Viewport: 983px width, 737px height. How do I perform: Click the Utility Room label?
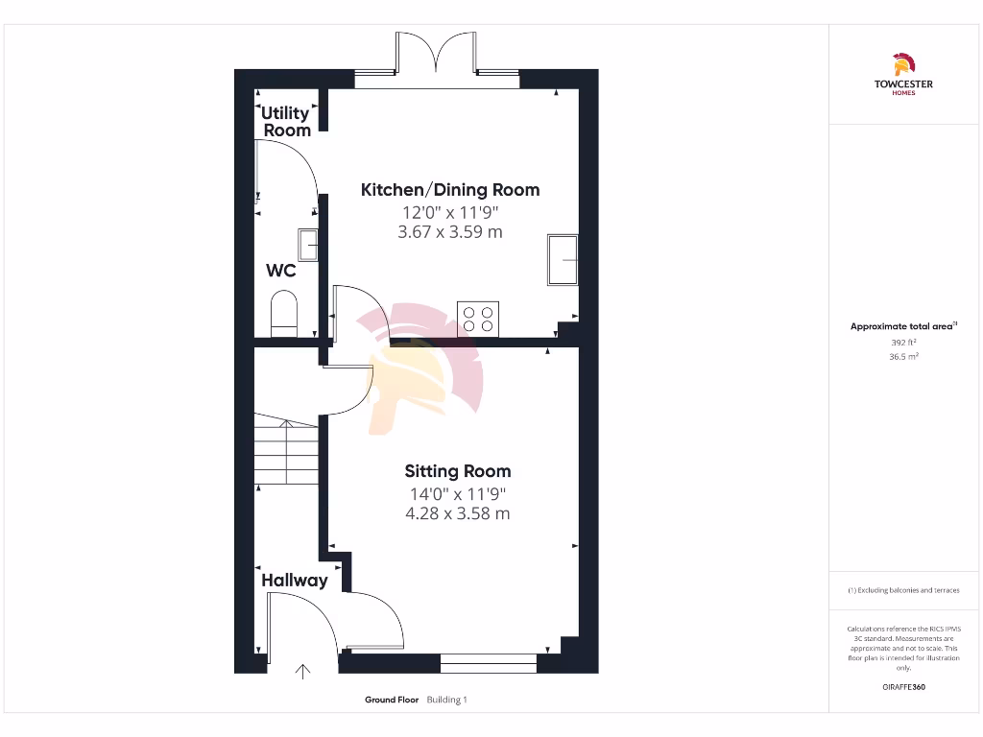(x=286, y=122)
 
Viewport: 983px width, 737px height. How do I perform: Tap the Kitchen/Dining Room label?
(x=449, y=190)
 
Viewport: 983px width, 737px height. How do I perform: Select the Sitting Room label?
(x=457, y=471)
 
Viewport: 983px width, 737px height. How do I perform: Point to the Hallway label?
(x=295, y=581)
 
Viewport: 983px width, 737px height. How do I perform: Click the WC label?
(x=280, y=272)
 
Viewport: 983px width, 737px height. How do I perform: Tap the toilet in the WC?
(x=284, y=316)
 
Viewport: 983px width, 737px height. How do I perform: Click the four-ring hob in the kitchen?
(x=478, y=319)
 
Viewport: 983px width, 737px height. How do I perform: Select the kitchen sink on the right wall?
(x=563, y=259)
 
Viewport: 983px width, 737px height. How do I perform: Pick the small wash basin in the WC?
(x=308, y=245)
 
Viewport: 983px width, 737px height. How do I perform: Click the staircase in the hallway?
(x=286, y=451)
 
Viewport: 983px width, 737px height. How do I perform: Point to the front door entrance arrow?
(x=304, y=672)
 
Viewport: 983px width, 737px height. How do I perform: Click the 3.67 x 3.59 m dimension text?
(x=449, y=232)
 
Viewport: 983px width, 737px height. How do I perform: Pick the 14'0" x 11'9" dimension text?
(x=457, y=494)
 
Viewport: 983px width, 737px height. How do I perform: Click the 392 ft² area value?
(x=902, y=342)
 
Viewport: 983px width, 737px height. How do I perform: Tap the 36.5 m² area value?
(x=902, y=356)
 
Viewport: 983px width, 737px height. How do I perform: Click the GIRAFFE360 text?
(x=902, y=687)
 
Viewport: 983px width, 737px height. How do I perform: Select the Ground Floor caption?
(x=392, y=701)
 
